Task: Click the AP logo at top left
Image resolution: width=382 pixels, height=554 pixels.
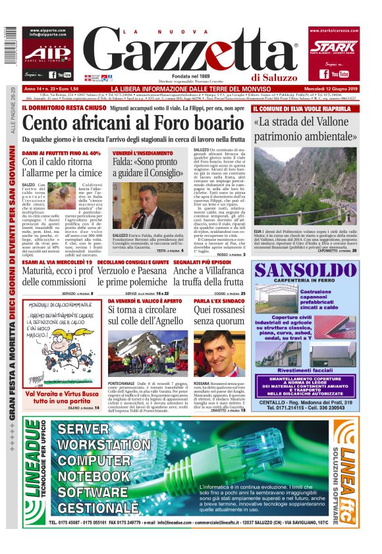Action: (x=46, y=51)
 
